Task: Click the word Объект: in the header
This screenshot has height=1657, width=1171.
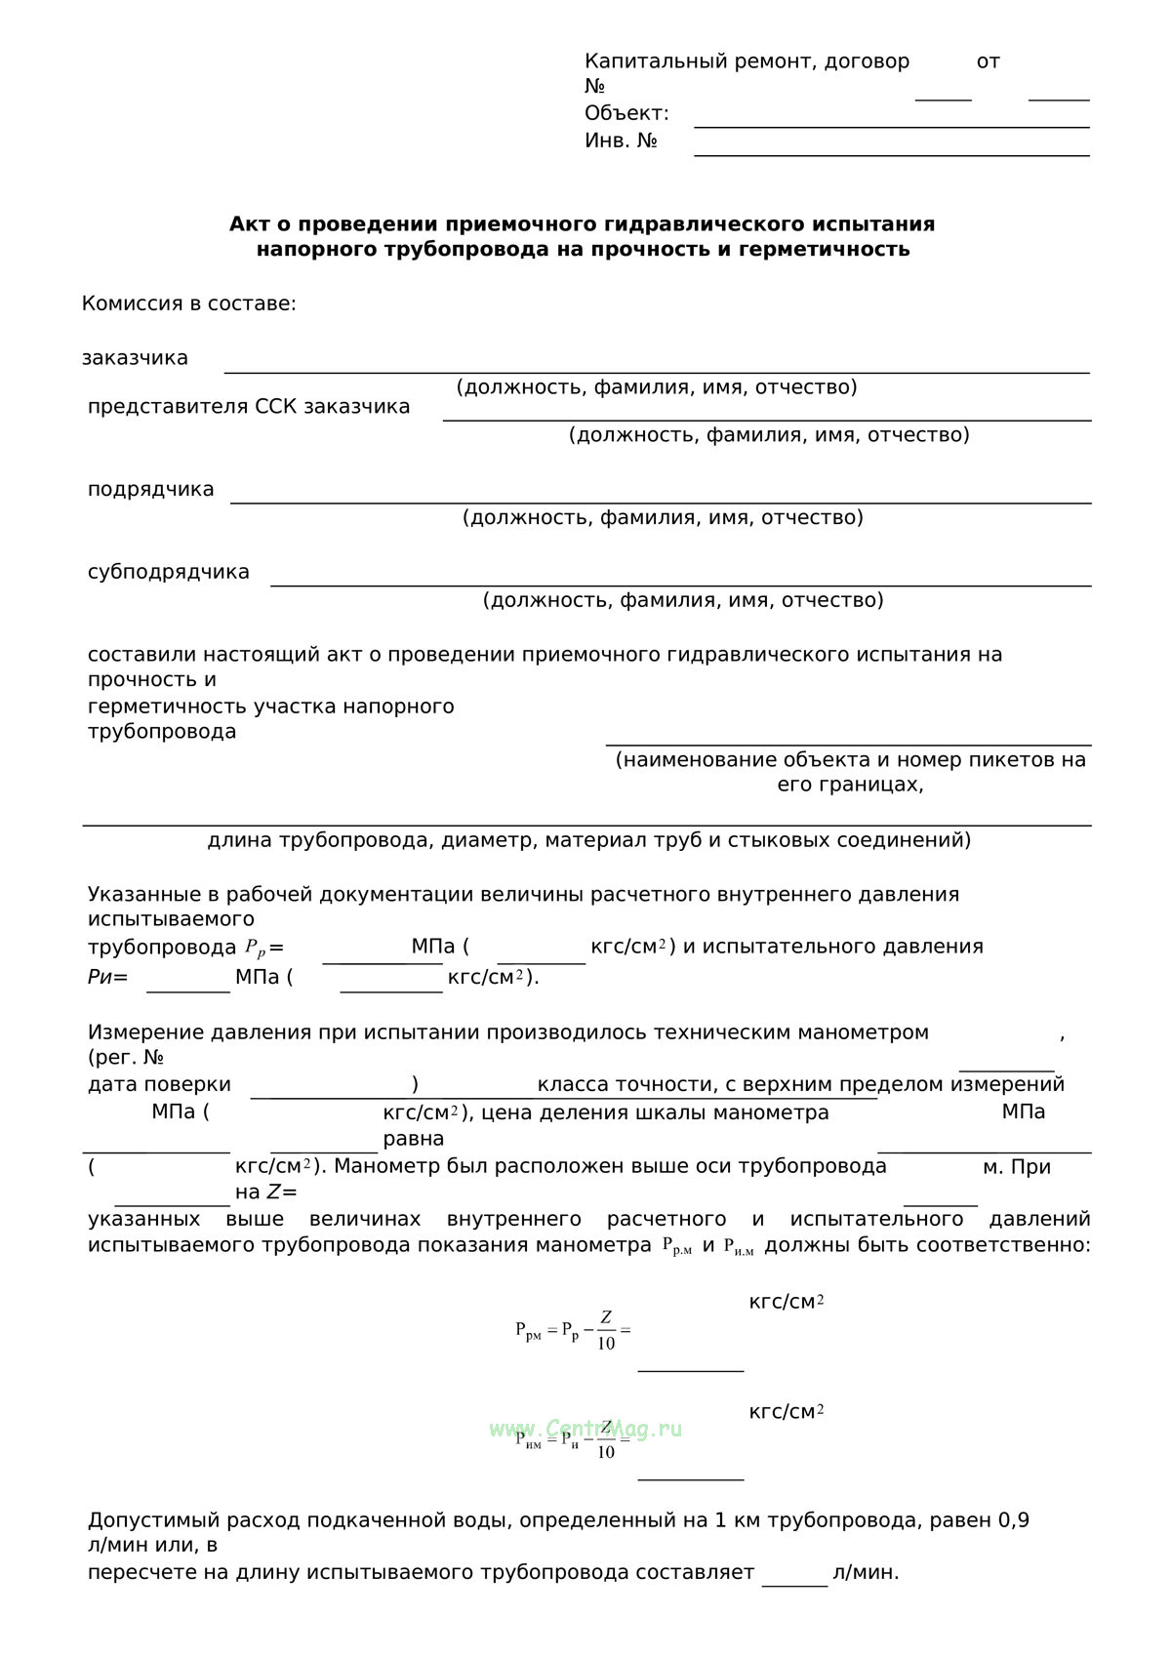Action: pos(626,113)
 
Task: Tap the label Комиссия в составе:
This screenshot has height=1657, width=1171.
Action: pos(188,303)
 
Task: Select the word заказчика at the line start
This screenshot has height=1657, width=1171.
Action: pos(135,358)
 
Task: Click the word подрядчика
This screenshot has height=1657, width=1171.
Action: pos(150,490)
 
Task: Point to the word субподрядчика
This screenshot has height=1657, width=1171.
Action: pos(168,573)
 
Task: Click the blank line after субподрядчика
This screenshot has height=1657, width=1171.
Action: pos(680,584)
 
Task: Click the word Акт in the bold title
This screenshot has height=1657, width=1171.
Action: pos(248,224)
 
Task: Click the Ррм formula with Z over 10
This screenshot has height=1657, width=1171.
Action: pos(573,1330)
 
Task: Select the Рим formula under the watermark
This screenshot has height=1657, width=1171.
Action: pos(573,1440)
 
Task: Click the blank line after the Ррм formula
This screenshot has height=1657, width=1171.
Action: pos(691,1368)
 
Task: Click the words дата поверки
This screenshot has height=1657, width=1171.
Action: pos(159,1085)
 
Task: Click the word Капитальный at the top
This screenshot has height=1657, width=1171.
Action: pos(656,61)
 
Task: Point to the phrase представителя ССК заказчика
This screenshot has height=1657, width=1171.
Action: pos(249,407)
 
